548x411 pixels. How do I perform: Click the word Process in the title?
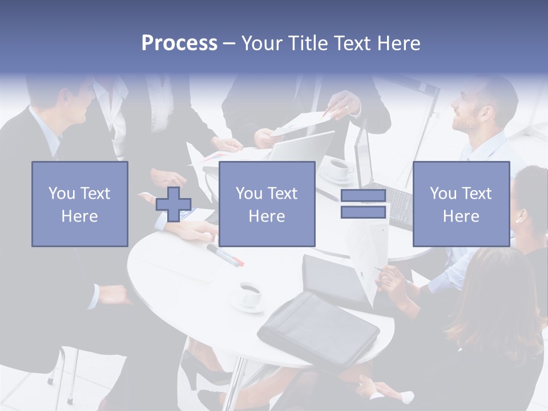click(179, 43)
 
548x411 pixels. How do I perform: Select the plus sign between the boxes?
click(174, 204)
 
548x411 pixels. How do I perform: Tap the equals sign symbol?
click(363, 204)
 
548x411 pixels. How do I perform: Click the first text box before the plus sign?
click(79, 204)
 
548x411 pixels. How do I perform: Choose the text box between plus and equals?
click(267, 204)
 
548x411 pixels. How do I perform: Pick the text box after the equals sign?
click(461, 204)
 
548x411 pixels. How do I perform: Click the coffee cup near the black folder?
click(249, 294)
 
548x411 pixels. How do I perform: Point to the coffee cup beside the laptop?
click(340, 168)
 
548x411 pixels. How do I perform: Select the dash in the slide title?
click(229, 43)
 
